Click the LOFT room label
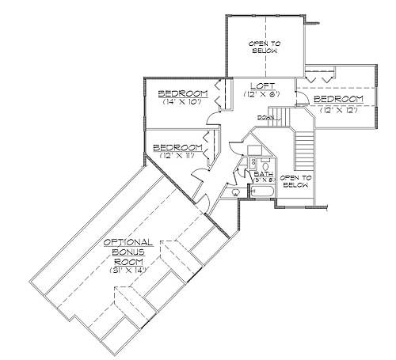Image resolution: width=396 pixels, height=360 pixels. [261, 85]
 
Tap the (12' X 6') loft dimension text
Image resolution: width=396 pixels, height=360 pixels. [261, 94]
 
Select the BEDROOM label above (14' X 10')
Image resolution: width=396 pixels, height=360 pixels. [183, 93]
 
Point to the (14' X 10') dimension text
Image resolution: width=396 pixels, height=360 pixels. [183, 102]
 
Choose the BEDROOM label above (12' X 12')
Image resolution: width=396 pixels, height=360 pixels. [338, 99]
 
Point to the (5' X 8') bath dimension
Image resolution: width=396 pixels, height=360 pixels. [263, 180]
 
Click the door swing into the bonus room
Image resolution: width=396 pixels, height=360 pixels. [204, 204]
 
